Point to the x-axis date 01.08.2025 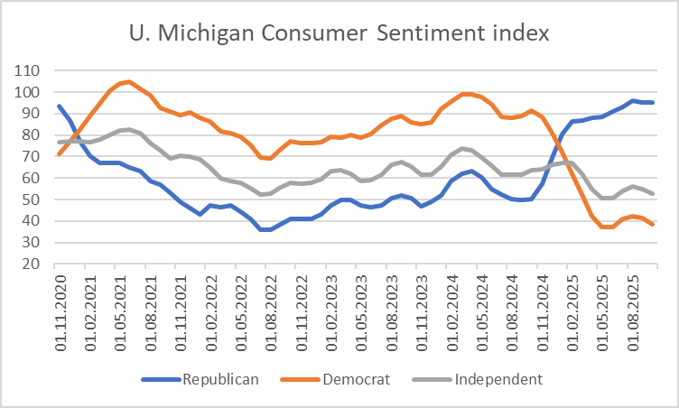629,311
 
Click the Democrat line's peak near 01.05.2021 129,82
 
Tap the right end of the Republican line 653,102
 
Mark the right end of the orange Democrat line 653,224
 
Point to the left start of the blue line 60,107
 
